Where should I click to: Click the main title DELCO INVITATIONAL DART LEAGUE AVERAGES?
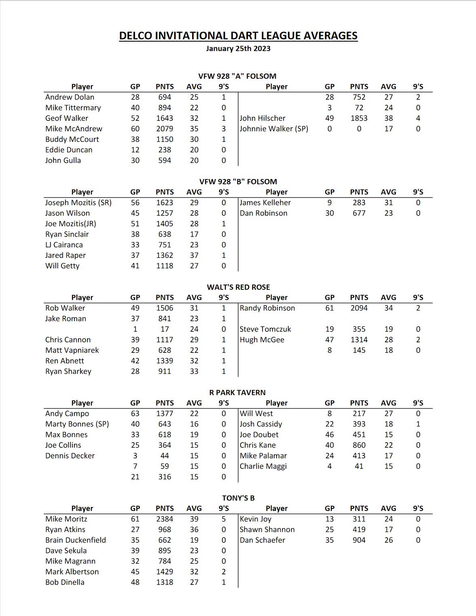[238, 36]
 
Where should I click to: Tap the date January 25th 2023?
[238, 49]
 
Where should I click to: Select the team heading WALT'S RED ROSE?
[238, 287]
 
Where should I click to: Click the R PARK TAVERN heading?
[237, 392]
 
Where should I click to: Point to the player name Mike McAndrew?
[74, 129]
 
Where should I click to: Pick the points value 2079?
[165, 129]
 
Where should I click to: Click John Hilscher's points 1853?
[359, 118]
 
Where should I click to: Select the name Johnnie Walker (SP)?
[274, 129]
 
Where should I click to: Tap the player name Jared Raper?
[66, 255]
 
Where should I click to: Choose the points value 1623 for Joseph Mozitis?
[165, 203]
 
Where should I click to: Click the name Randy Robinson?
[267, 308]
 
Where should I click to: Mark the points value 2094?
[359, 308]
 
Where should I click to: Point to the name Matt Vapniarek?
[72, 350]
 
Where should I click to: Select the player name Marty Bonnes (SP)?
[77, 424]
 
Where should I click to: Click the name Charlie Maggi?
[263, 466]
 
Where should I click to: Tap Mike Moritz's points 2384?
[165, 519]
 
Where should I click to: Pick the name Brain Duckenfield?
[76, 540]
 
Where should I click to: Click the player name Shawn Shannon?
[267, 530]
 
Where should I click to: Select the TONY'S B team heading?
[238, 498]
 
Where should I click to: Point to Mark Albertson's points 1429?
[165, 572]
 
